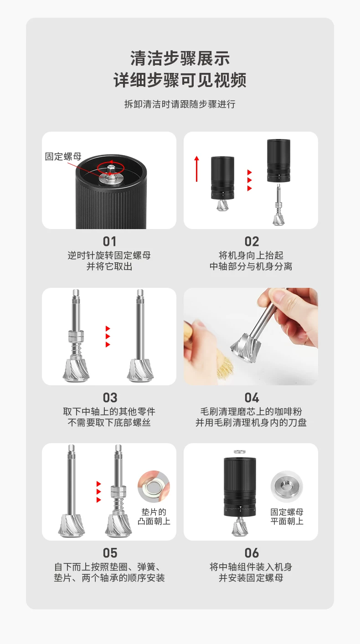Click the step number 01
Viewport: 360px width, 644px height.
pos(109,241)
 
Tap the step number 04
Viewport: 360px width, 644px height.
pos(252,398)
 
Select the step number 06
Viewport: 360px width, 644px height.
pos(252,553)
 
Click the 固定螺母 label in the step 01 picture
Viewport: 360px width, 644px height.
pos(63,156)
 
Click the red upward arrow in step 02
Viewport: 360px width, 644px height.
pos(196,169)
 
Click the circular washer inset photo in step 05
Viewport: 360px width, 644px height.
pos(154,486)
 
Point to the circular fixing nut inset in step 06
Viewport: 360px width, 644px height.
pos(287,486)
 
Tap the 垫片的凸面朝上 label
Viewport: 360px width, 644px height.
pos(154,516)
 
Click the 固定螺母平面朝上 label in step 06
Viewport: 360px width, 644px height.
pos(287,516)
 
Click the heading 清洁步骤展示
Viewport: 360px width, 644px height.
pos(180,58)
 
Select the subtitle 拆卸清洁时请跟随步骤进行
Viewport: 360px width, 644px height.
pos(180,104)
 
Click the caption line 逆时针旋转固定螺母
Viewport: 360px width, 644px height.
pos(109,256)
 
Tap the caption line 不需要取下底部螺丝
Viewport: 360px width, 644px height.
pos(109,422)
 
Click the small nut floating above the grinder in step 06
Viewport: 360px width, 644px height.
pos(239,452)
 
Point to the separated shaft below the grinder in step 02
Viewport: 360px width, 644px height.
pos(278,204)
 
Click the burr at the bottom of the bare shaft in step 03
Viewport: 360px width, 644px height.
pos(140,370)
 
